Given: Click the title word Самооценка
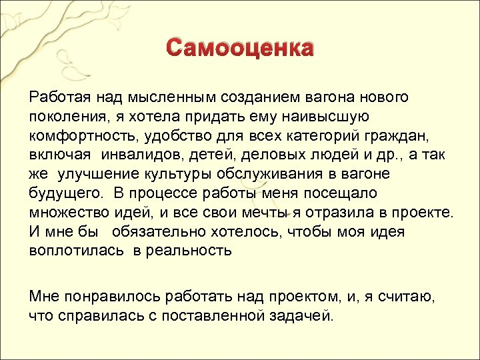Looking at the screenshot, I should click(x=239, y=49).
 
